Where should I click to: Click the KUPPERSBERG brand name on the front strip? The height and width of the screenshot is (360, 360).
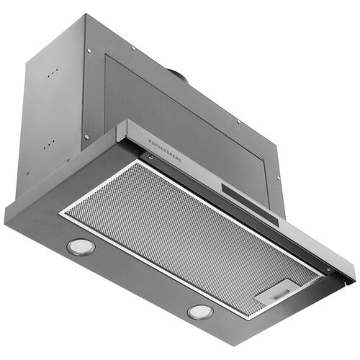click(165, 150)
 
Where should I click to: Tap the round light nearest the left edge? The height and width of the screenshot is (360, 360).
click(81, 247)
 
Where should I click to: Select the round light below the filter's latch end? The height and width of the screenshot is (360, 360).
click(200, 312)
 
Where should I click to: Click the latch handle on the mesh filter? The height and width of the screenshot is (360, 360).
click(280, 293)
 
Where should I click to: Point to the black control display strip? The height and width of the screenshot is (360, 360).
click(250, 204)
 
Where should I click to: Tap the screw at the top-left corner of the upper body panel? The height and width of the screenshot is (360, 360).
click(89, 50)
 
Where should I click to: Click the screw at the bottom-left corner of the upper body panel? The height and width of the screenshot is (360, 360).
click(86, 137)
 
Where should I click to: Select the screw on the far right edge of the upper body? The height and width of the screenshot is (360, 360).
click(279, 178)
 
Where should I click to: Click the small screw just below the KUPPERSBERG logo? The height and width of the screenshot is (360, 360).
click(151, 157)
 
